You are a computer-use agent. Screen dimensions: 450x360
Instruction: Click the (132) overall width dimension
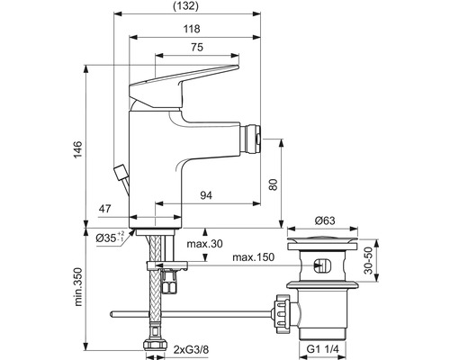coord(186,6)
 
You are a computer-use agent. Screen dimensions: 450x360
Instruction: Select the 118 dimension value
coord(192,29)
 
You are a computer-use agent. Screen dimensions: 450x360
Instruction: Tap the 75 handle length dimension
coord(197,47)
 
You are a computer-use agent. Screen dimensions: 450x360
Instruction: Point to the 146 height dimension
coord(77,149)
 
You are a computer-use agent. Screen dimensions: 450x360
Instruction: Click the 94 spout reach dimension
coord(206,195)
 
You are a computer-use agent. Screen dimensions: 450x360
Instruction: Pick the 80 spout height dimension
coord(273,184)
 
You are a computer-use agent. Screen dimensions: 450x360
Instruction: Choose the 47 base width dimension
coord(105,209)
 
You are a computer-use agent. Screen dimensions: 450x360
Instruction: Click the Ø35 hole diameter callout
coord(110,238)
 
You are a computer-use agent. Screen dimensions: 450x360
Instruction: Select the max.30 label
coord(205,244)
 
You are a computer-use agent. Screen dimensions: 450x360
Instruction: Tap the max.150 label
coord(254,257)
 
